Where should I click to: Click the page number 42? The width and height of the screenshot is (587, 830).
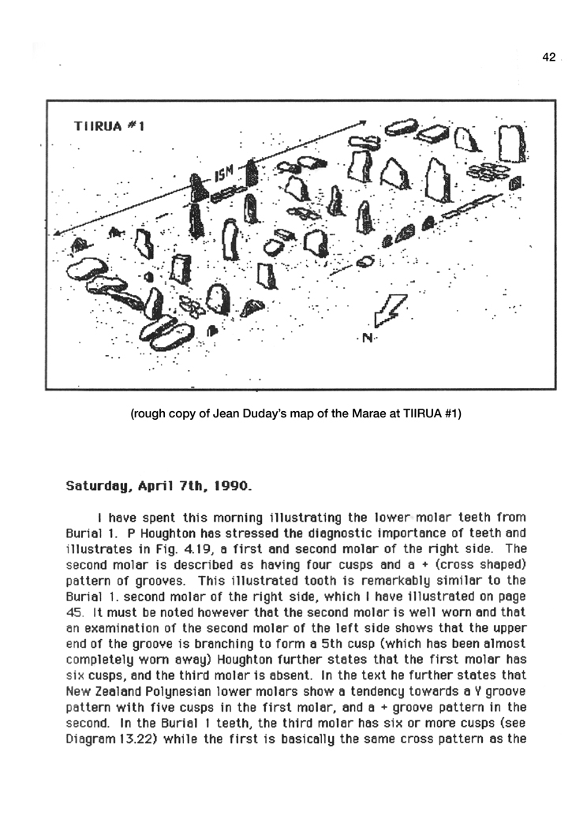click(x=550, y=57)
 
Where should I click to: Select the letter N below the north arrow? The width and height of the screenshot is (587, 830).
click(x=367, y=339)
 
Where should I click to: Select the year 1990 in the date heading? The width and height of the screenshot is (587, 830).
click(x=234, y=487)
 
